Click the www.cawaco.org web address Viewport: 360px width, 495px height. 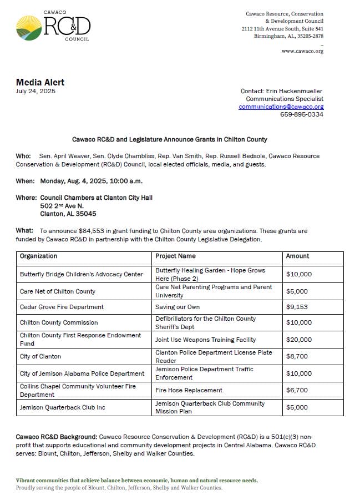[302, 51]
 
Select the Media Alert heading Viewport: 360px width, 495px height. [40, 82]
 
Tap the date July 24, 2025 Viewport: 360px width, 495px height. [36, 91]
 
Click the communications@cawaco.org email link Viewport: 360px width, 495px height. [281, 107]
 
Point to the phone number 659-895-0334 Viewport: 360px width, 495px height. [302, 114]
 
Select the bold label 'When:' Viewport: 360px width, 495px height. [25, 181]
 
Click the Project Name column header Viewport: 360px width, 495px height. [175, 256]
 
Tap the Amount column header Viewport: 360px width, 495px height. [297, 256]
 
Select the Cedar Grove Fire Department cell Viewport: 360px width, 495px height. [62, 307]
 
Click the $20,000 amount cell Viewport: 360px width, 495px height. [298, 340]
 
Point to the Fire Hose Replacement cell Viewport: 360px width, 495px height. [189, 390]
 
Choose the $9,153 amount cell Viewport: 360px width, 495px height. [297, 307]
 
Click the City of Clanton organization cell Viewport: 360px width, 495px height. [40, 356]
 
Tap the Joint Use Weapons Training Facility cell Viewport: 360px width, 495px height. [205, 340]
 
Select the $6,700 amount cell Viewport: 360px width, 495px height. [297, 390]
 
